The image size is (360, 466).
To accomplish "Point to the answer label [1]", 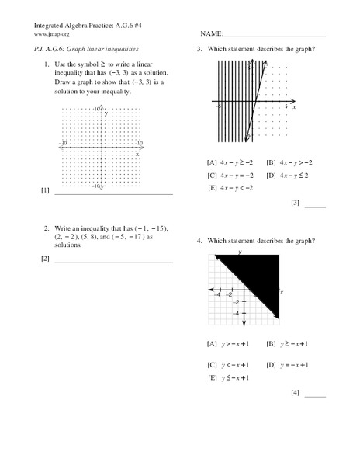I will coord(45,190).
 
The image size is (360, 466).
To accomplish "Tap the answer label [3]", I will coord(295,203).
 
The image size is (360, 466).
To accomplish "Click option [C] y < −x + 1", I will coord(228,364).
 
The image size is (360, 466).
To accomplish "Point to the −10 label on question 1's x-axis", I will coord(64,143).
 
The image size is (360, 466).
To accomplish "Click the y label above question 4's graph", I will coord(241,253).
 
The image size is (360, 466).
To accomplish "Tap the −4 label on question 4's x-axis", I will coord(218,295).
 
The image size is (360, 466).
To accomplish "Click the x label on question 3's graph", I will coord(296,106).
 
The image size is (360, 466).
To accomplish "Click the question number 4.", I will coord(199,242).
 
